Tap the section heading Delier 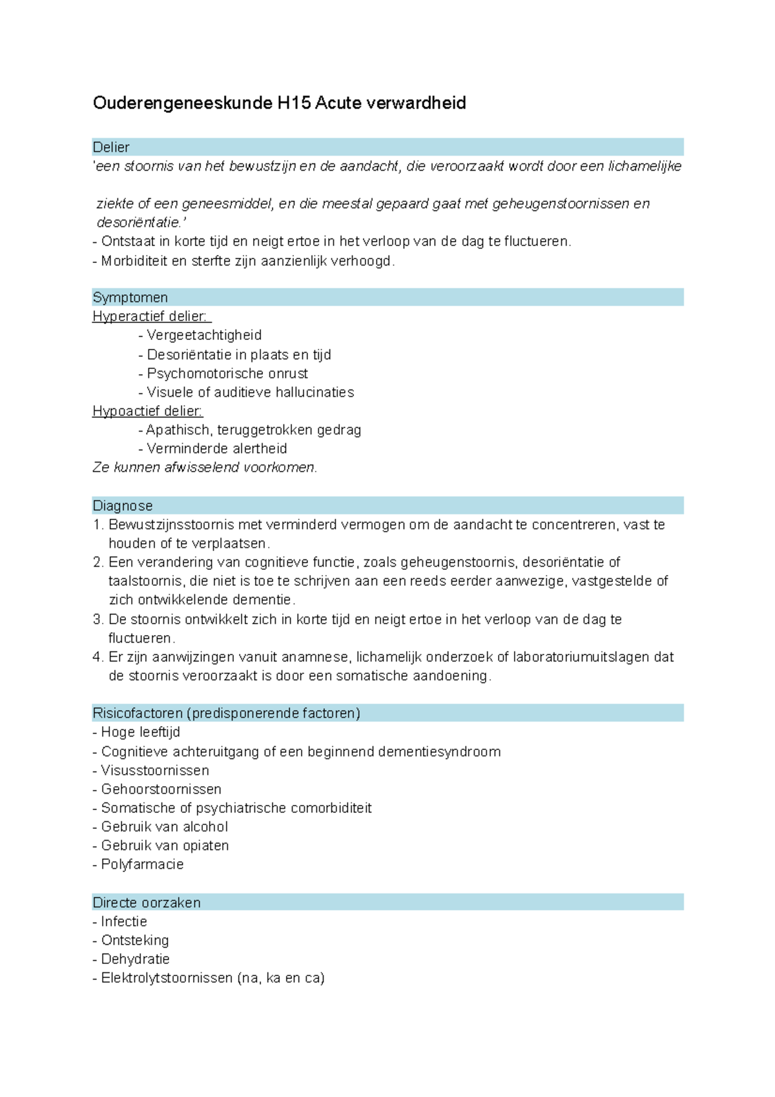[x=111, y=147]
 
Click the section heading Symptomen [x=130, y=298]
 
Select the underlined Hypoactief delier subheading [x=147, y=411]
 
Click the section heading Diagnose [x=123, y=506]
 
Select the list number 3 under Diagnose [x=98, y=620]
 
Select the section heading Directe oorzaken [x=147, y=903]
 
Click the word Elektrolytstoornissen [x=167, y=978]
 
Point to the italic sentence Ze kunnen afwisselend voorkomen [x=205, y=468]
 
